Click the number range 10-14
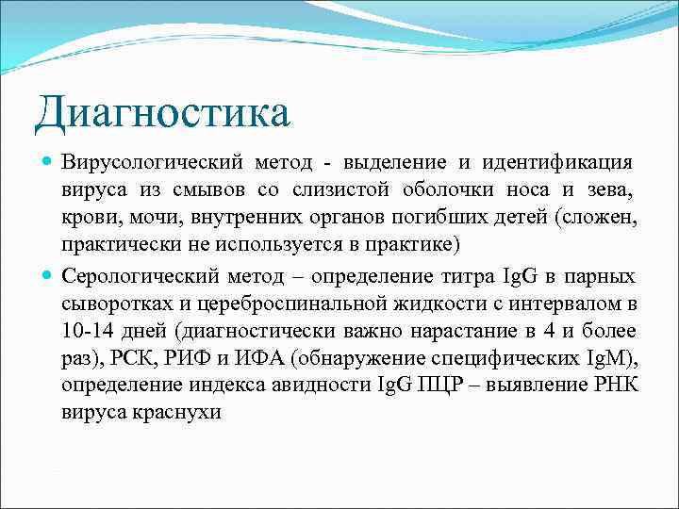coord(87,331)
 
